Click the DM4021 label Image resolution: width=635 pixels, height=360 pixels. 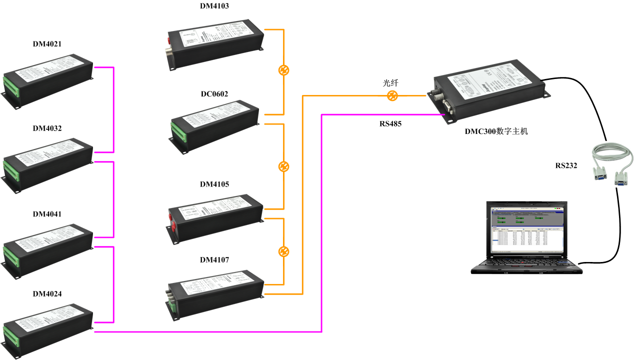(x=47, y=44)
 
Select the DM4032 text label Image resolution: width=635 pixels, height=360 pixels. (x=47, y=128)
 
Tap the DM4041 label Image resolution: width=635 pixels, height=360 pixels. (x=47, y=214)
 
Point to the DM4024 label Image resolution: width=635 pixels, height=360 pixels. (x=47, y=294)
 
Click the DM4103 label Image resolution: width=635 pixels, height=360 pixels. (x=214, y=6)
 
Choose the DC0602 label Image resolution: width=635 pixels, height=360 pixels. (x=214, y=94)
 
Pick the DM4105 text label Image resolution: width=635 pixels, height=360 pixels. (x=214, y=184)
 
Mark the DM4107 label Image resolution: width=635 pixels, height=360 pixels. (x=214, y=260)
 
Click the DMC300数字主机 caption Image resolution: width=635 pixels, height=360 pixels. (x=496, y=132)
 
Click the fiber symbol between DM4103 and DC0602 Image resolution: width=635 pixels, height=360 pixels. (x=283, y=70)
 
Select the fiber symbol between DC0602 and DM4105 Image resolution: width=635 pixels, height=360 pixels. (x=283, y=166)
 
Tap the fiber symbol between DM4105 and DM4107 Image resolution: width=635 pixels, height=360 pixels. (x=283, y=250)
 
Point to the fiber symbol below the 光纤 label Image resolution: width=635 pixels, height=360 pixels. (x=393, y=96)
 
